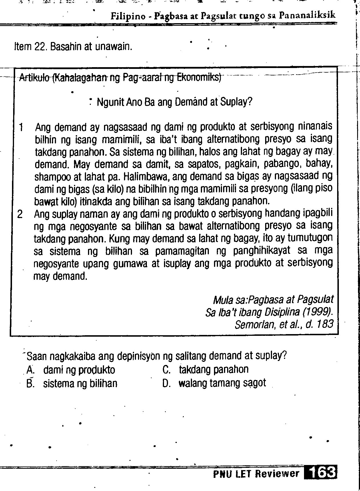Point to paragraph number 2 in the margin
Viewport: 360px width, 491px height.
20,214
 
